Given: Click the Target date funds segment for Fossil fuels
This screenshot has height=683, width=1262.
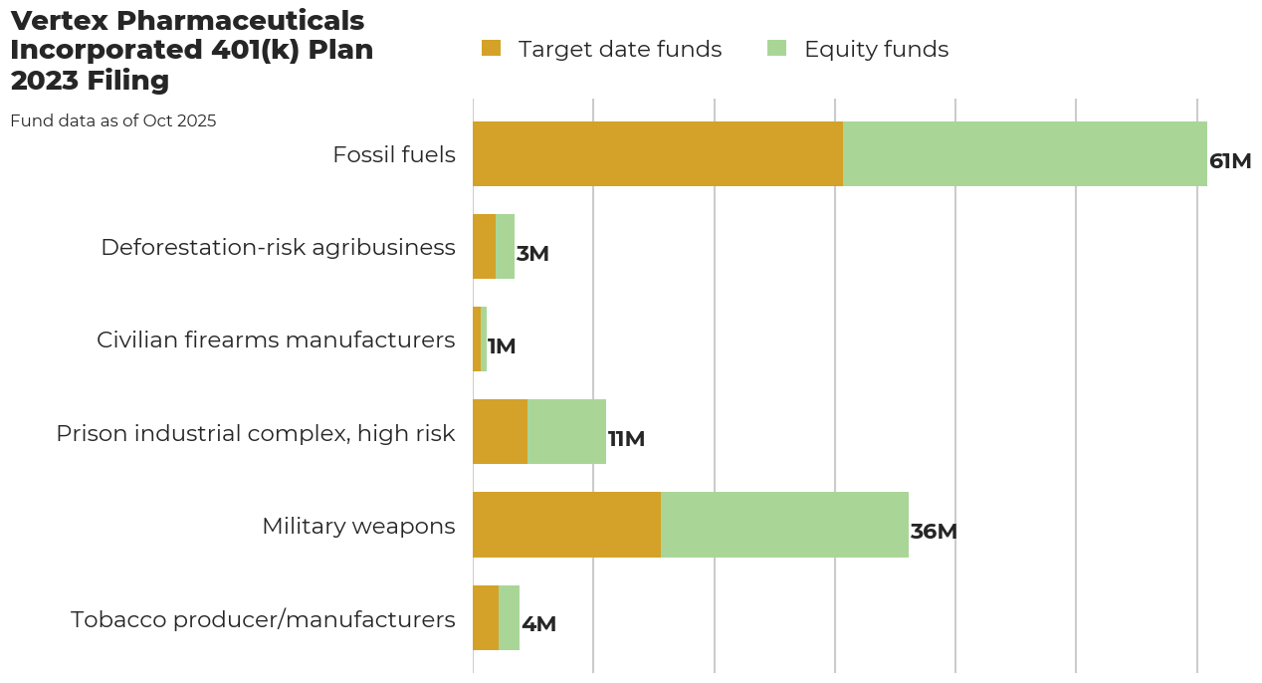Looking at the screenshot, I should click(x=657, y=154).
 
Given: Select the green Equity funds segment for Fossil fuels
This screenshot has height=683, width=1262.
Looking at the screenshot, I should click(x=1025, y=154).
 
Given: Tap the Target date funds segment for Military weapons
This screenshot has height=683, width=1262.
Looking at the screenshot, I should click(x=566, y=525).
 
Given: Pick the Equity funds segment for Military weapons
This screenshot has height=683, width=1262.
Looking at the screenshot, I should click(x=784, y=525).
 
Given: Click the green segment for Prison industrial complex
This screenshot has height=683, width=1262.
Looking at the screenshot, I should click(x=566, y=432).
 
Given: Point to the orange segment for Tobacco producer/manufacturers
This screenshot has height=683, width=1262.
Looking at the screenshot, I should click(x=486, y=617).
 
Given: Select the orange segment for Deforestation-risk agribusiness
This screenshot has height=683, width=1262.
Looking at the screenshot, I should click(x=484, y=247).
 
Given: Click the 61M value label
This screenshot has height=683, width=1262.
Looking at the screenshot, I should click(x=1230, y=161).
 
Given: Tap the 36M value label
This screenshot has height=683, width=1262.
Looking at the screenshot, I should click(x=934, y=532).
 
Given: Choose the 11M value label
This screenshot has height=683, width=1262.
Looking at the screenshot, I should click(x=627, y=439).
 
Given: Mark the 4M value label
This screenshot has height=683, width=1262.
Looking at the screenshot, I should click(x=538, y=624).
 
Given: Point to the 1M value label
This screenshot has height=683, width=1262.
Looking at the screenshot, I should click(x=502, y=346).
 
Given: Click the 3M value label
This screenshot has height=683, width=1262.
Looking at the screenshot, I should click(x=532, y=254).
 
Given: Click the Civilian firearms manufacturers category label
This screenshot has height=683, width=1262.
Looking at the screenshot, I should click(x=276, y=341).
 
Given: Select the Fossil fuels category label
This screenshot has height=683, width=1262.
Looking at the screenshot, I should click(x=394, y=155).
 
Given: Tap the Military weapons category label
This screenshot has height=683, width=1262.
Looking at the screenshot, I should click(x=358, y=526).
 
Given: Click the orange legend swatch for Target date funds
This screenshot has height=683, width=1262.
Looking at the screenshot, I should click(x=491, y=48).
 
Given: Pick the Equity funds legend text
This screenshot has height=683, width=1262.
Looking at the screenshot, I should click(x=876, y=50).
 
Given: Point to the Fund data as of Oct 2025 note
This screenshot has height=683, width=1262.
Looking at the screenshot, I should click(x=113, y=121).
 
